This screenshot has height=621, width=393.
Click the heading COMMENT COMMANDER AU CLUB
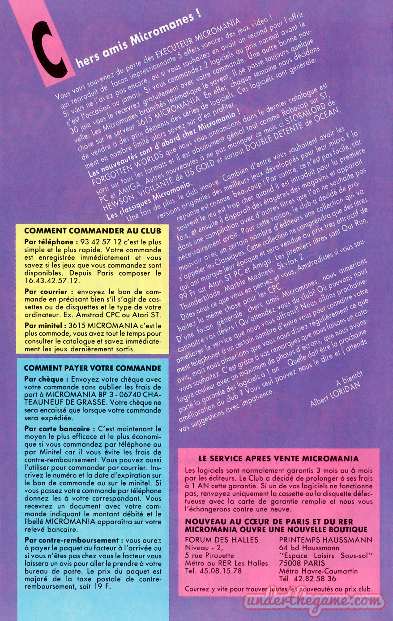pyautogui.click(x=92, y=231)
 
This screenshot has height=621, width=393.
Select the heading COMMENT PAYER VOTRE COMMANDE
pyautogui.click(x=92, y=368)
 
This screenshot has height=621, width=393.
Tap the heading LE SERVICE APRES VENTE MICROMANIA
pyautogui.click(x=278, y=458)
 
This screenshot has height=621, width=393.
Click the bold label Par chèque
pyautogui.click(x=44, y=379)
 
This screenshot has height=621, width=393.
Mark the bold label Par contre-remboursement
pyautogui.click(x=71, y=540)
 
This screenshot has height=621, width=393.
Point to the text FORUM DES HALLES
pyautogui.click(x=222, y=540)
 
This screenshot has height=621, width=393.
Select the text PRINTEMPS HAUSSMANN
pyautogui.click(x=325, y=540)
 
